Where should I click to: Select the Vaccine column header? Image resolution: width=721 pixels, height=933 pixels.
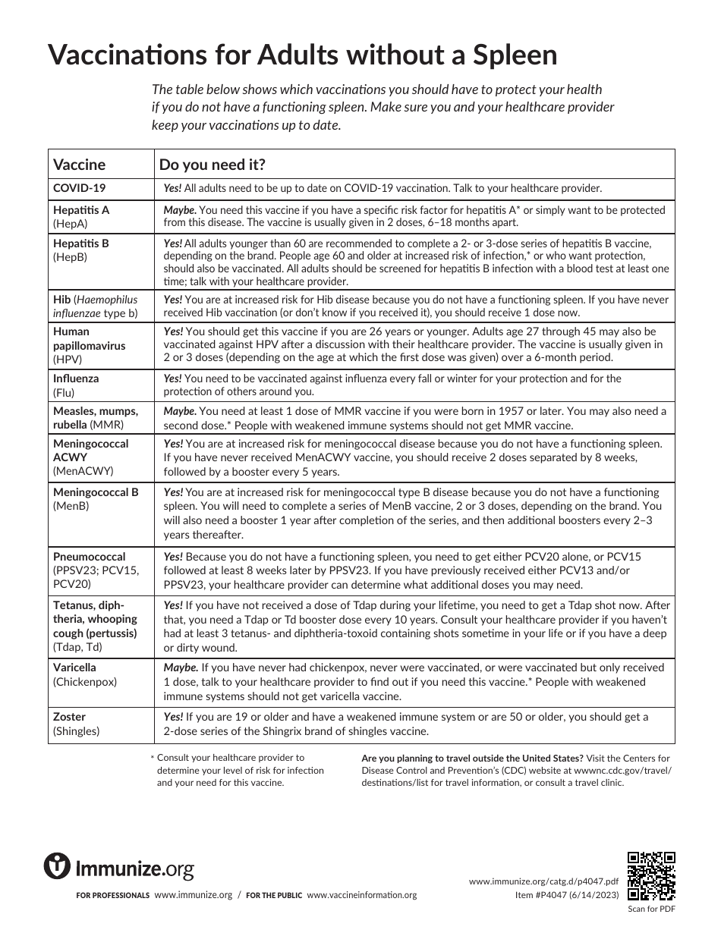click(x=79, y=165)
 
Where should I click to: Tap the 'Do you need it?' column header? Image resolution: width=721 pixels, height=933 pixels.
click(x=212, y=165)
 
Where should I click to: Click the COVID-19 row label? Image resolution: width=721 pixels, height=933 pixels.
click(x=79, y=188)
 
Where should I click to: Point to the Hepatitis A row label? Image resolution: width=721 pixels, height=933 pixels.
click(x=81, y=210)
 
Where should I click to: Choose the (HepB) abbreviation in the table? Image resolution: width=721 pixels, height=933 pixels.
click(x=71, y=257)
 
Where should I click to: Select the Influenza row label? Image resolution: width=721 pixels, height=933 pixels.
click(x=76, y=378)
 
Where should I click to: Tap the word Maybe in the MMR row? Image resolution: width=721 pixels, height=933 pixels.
click(x=180, y=411)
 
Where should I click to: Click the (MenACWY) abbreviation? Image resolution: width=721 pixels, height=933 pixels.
click(x=83, y=471)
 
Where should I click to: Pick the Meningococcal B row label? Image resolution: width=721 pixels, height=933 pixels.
click(x=96, y=492)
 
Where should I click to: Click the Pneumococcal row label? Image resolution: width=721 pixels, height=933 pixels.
click(x=89, y=556)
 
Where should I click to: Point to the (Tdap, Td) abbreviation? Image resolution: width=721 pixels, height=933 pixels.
click(x=77, y=647)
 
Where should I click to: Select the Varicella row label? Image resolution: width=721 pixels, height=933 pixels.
click(x=74, y=668)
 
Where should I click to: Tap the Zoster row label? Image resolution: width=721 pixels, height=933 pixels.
click(x=69, y=717)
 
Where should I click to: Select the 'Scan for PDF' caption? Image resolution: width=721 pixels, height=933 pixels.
click(x=651, y=909)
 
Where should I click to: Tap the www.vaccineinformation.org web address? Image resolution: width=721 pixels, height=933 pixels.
click(x=362, y=895)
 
